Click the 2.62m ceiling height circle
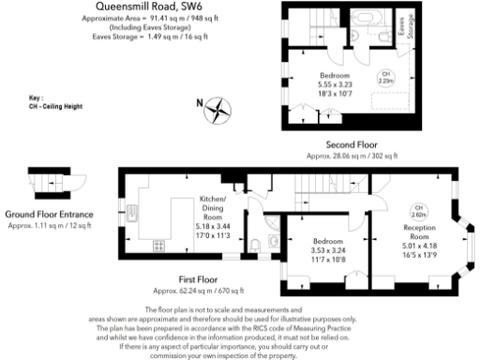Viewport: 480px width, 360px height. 419,211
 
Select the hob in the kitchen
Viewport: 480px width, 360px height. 157,247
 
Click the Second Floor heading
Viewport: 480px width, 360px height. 352,144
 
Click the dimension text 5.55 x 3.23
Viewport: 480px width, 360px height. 334,84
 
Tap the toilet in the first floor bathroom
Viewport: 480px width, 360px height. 274,243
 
